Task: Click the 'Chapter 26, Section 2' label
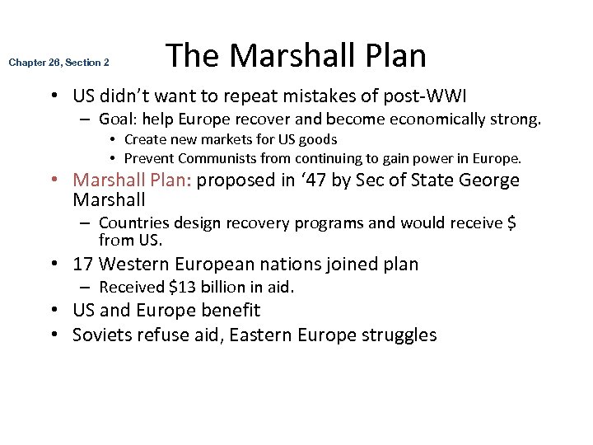pyautogui.click(x=58, y=63)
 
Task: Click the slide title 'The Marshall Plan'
pyautogui.click(x=296, y=56)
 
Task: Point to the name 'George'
pyautogui.click(x=490, y=180)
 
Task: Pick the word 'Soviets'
pyautogui.click(x=100, y=335)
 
